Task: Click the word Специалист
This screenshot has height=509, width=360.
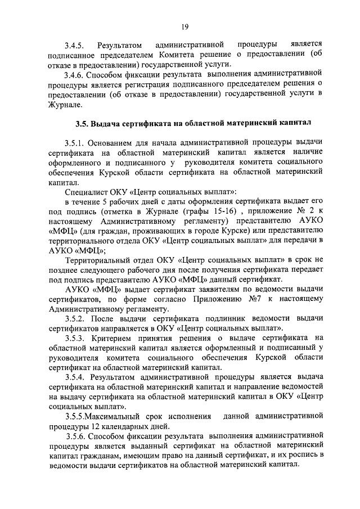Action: point(87,192)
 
